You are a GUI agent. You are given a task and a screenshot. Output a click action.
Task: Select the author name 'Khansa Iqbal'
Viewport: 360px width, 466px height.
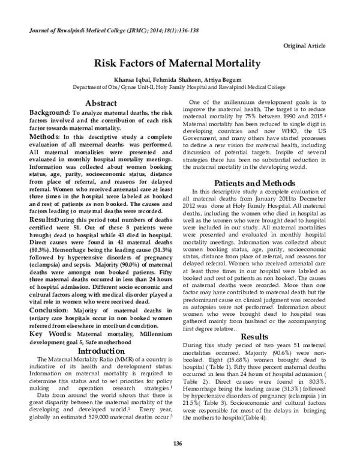click(125, 79)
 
